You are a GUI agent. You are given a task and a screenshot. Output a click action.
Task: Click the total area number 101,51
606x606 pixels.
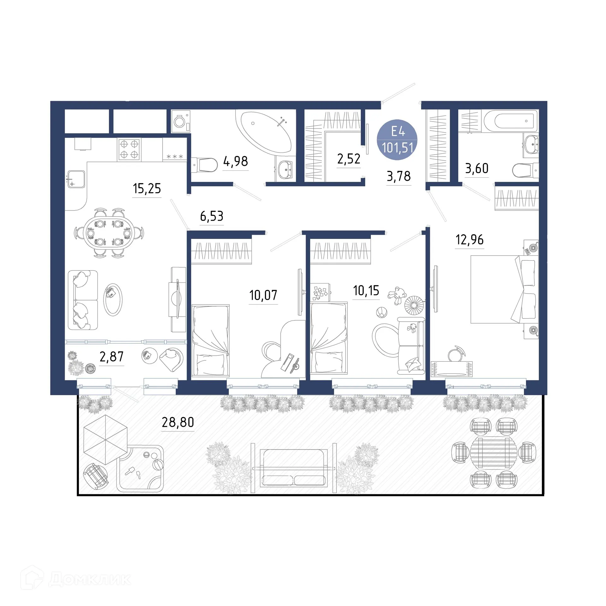click(x=397, y=148)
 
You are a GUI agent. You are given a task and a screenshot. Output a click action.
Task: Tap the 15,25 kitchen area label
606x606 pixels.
click(x=147, y=188)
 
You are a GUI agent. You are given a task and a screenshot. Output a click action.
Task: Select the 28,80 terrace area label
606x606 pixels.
click(x=178, y=422)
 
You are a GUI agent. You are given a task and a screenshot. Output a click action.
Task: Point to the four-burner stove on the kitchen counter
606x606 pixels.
click(x=129, y=149)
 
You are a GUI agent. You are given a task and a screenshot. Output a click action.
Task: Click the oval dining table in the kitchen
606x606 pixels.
click(x=109, y=233)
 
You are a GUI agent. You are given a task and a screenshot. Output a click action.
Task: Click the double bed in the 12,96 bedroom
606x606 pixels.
click(x=504, y=289)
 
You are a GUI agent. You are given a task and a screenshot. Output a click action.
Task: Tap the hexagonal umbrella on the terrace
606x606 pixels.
click(x=105, y=439)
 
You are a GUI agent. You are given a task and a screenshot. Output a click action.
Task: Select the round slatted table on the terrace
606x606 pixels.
click(x=494, y=452)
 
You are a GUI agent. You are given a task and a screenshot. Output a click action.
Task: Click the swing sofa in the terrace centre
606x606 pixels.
click(x=294, y=467)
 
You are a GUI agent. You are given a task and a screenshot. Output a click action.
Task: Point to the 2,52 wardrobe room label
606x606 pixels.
click(x=348, y=159)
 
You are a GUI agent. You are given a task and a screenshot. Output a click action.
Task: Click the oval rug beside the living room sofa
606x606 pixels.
click(x=113, y=299)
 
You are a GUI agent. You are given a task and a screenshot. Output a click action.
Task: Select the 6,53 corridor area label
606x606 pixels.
click(x=211, y=216)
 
